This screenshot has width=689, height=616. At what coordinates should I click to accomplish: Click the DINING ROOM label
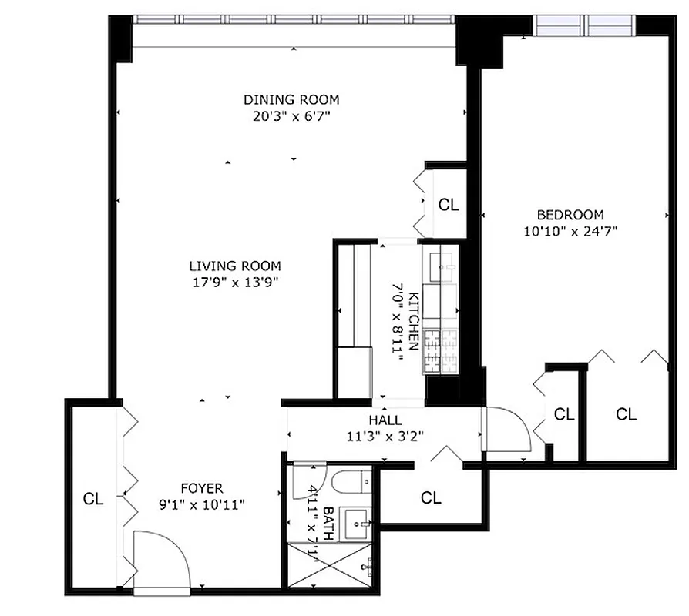pyautogui.click(x=291, y=100)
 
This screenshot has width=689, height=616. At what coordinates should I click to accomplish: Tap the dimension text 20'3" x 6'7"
pyautogui.click(x=291, y=116)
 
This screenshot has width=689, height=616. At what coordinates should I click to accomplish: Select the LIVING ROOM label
pyautogui.click(x=234, y=266)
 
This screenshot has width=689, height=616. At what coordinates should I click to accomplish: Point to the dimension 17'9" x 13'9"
pyautogui.click(x=234, y=283)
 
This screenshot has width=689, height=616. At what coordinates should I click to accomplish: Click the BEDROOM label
pyautogui.click(x=570, y=215)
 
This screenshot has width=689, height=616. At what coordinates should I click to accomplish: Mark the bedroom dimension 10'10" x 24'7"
pyautogui.click(x=570, y=230)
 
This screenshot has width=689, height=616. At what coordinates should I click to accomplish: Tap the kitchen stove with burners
pyautogui.click(x=439, y=351)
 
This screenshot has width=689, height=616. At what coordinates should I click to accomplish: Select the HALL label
pyautogui.click(x=385, y=420)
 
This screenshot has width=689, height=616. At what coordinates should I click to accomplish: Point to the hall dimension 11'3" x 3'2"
pyautogui.click(x=385, y=436)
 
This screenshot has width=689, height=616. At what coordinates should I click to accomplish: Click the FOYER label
pyautogui.click(x=202, y=488)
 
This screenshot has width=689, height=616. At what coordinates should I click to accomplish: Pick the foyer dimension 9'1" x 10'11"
pyautogui.click(x=202, y=504)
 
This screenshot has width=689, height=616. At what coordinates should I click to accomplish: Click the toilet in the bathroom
pyautogui.click(x=353, y=483)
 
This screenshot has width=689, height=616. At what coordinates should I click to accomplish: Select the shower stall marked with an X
pyautogui.click(x=330, y=568)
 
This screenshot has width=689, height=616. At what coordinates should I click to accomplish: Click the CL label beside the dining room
pyautogui.click(x=449, y=205)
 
